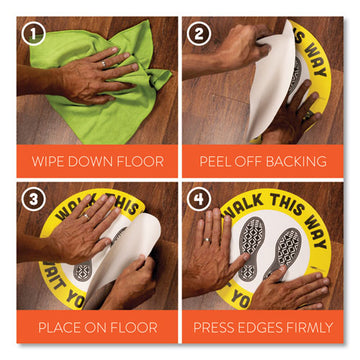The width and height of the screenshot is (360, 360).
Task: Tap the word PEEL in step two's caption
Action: tap(216, 160)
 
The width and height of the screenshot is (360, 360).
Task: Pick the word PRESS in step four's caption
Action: tap(217, 327)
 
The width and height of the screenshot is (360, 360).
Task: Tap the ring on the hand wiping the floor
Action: tap(102, 65)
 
